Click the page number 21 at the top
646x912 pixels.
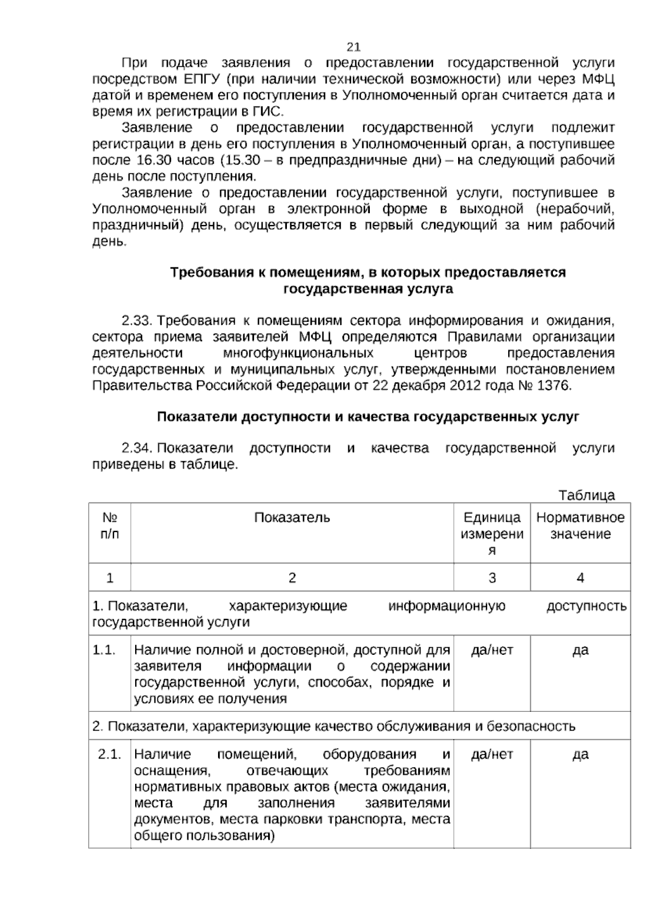pyautogui.click(x=354, y=47)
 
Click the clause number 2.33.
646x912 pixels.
pyautogui.click(x=138, y=321)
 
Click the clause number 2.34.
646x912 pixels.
pyautogui.click(x=138, y=448)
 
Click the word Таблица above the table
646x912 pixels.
pyautogui.click(x=587, y=495)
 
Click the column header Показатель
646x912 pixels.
pyautogui.click(x=292, y=518)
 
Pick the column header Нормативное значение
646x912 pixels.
pyautogui.click(x=580, y=526)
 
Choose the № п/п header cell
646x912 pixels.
pyautogui.click(x=110, y=526)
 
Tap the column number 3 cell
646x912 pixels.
pyautogui.click(x=492, y=578)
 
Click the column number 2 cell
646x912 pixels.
pyautogui.click(x=292, y=578)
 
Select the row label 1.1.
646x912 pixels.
pyautogui.click(x=104, y=650)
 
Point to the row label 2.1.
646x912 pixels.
pyautogui.click(x=109, y=754)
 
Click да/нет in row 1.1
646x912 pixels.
pyautogui.click(x=492, y=650)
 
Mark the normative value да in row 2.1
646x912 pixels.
pyautogui.click(x=580, y=754)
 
